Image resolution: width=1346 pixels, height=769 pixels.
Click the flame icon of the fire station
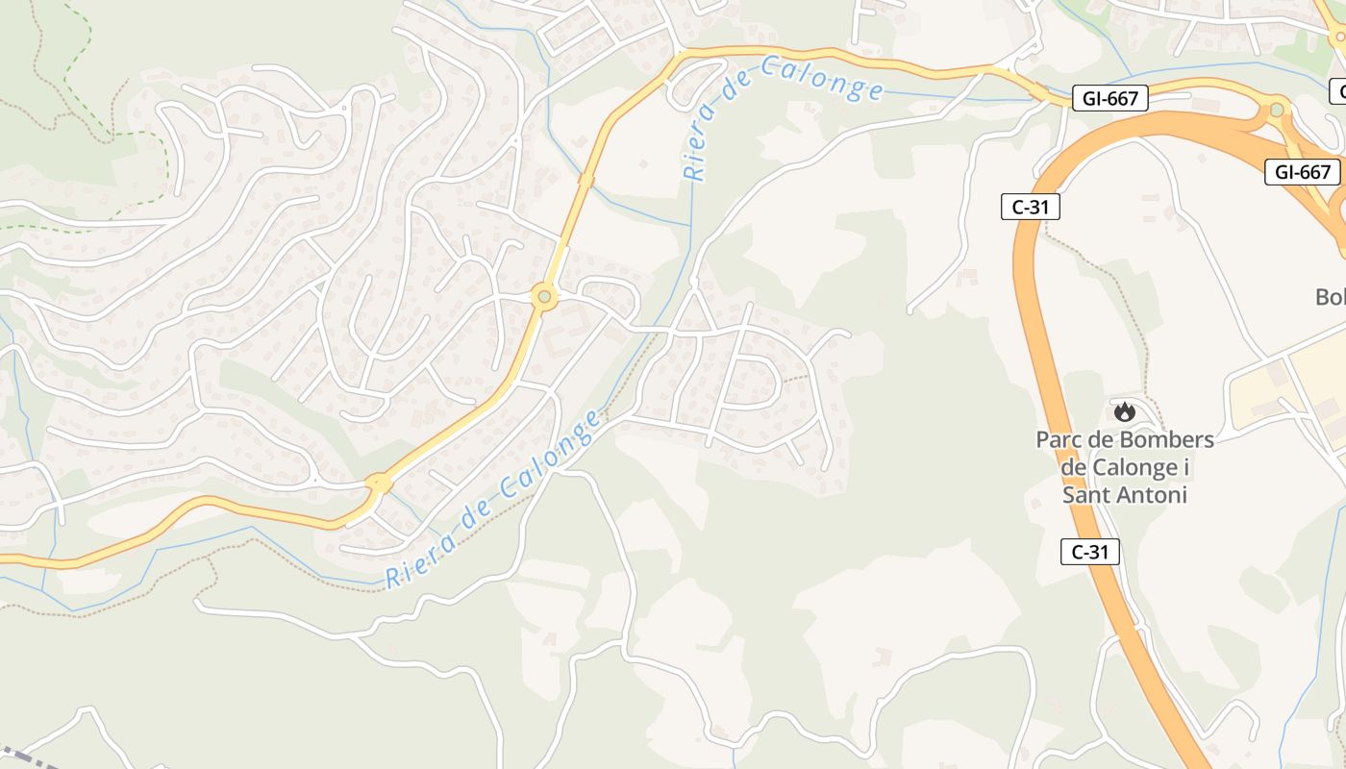click(x=1123, y=411)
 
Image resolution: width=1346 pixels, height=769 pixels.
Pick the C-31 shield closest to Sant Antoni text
click(x=1090, y=552)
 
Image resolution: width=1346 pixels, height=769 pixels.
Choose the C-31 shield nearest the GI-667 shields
click(x=1030, y=207)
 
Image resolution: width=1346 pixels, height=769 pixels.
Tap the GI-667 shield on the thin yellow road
click(x=1110, y=97)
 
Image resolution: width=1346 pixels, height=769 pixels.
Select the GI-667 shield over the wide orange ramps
click(x=1302, y=172)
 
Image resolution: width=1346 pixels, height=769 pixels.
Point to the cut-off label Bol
click(x=1331, y=297)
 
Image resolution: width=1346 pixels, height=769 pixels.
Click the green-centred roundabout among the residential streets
click(x=545, y=297)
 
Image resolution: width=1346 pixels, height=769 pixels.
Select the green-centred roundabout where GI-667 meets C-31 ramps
click(x=1277, y=110)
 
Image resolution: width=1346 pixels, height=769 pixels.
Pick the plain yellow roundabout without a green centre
click(x=379, y=483)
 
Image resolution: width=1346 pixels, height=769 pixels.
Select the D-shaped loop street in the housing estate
click(x=760, y=383)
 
